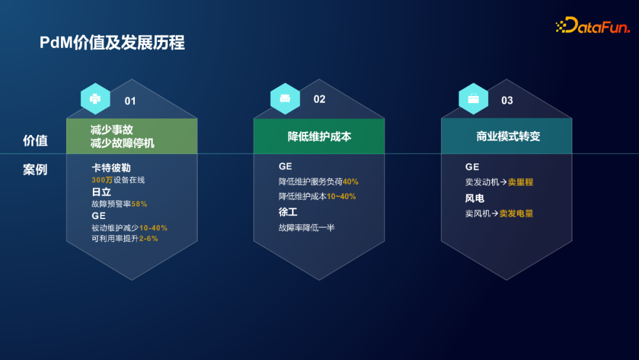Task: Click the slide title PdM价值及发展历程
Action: (x=112, y=43)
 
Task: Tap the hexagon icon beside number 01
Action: (x=95, y=98)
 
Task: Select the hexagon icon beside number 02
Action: (x=285, y=98)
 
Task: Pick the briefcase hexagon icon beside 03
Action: (x=473, y=98)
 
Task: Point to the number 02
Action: (x=319, y=99)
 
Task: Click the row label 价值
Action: (x=35, y=141)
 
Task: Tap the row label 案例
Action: (x=35, y=170)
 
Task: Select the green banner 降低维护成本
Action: (x=319, y=137)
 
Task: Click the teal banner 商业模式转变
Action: (x=508, y=137)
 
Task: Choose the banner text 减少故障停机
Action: (x=123, y=143)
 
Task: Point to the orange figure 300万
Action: (x=102, y=180)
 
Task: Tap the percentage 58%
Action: (x=139, y=204)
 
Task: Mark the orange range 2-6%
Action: (x=149, y=239)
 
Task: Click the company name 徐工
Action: (x=288, y=212)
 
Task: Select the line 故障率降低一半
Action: (x=306, y=227)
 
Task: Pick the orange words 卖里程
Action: (x=520, y=182)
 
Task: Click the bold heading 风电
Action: (x=475, y=198)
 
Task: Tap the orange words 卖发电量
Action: (x=516, y=214)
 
